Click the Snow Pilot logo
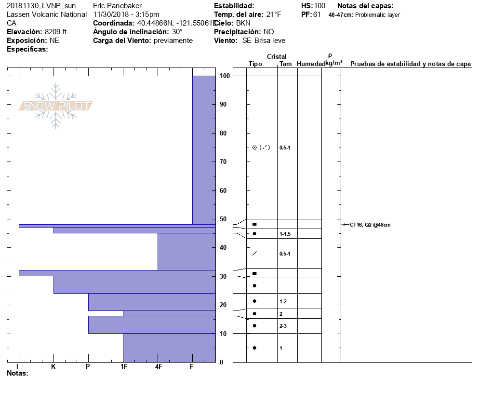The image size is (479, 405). pos(56,106)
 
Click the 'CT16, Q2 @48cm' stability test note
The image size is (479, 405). pos(370,225)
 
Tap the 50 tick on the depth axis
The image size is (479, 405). pos(224,219)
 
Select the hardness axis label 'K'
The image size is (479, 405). pos(53,367)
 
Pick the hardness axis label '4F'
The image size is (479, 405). pos(158,367)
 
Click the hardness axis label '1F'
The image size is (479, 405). pos(123,367)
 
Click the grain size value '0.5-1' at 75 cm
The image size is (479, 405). pos(285,148)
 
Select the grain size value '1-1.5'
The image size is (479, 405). pos(285,234)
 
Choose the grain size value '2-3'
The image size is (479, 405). pos(283,326)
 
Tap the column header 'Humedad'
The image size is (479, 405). pos(311,64)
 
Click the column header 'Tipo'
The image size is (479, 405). pos(255,64)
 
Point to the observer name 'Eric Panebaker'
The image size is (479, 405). pos(116,6)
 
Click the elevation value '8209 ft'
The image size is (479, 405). pos(55,32)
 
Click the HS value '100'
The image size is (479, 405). pos(319,6)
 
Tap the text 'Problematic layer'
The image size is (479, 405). pos(377,15)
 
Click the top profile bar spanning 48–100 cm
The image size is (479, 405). pos(204,149)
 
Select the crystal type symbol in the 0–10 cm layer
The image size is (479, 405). pos(254,348)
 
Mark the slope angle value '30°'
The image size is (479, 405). pos(177,32)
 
